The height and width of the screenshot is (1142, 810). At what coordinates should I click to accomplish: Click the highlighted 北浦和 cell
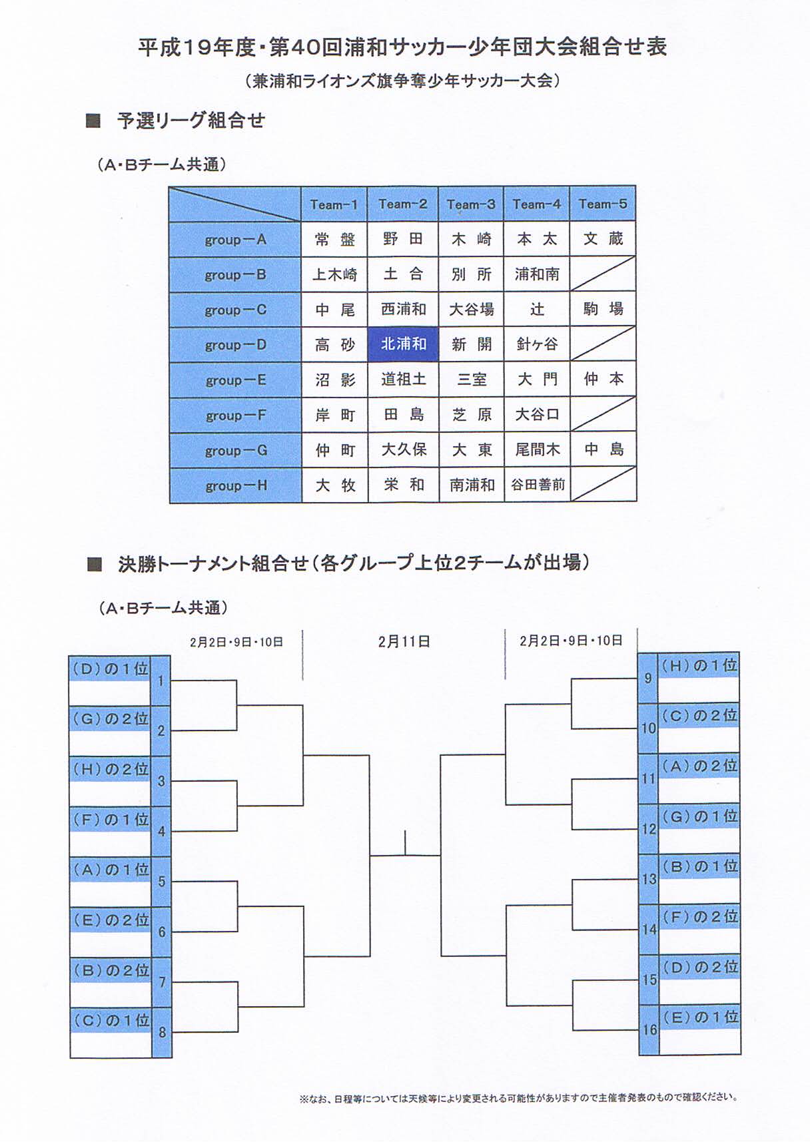click(x=403, y=344)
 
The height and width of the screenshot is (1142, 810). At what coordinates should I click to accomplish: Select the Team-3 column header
click(x=471, y=204)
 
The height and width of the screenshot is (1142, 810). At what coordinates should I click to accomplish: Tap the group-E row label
click(x=235, y=380)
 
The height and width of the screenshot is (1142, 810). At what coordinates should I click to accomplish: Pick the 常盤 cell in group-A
click(x=334, y=239)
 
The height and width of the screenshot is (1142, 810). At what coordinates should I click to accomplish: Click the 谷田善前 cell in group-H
click(x=537, y=485)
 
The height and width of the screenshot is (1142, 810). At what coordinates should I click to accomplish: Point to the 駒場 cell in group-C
click(x=603, y=309)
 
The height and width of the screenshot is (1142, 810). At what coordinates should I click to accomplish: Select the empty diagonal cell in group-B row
click(x=603, y=274)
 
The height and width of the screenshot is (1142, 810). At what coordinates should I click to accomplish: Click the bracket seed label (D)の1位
click(x=110, y=669)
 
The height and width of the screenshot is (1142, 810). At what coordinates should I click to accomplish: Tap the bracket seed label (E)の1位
click(x=699, y=1017)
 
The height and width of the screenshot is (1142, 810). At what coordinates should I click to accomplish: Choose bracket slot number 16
click(x=649, y=1029)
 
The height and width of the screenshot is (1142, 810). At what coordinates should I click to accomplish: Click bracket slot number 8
click(x=162, y=1033)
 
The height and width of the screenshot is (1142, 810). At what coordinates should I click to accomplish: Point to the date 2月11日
click(x=404, y=641)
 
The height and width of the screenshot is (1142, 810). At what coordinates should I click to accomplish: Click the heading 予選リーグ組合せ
click(x=191, y=121)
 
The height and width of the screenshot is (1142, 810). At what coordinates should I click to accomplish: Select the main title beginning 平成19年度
click(x=402, y=47)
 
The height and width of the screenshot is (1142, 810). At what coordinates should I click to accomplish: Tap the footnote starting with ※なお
click(x=518, y=1097)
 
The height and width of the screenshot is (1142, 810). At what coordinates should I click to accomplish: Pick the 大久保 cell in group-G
click(x=403, y=449)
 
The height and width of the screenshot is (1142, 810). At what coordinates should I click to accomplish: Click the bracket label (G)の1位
click(x=699, y=816)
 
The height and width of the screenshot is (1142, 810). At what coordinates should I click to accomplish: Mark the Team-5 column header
click(x=603, y=204)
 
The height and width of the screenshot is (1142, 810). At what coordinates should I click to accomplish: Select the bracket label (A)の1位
click(x=110, y=870)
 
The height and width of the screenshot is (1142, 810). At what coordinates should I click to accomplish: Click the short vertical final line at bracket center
click(x=405, y=842)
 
